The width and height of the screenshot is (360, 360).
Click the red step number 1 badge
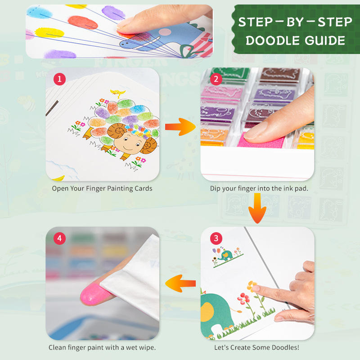pos(59,79)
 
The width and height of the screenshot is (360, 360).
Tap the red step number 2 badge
pos(216,79)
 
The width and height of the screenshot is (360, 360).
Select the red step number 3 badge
pos(216,238)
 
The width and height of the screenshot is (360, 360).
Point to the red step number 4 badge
pos(59,238)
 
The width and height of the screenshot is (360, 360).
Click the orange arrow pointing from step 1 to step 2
pos(180,127)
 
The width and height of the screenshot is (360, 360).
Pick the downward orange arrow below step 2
pos(257,208)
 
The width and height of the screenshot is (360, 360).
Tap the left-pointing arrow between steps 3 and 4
pos(180,283)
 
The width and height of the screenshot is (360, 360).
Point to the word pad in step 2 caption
pos(301,189)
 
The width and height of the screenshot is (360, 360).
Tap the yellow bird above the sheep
pos(118,94)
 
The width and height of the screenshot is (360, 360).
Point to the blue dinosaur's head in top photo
pos(129,43)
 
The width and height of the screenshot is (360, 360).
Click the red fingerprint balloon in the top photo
pos(83,22)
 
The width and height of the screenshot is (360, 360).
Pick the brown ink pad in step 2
pos(280,75)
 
